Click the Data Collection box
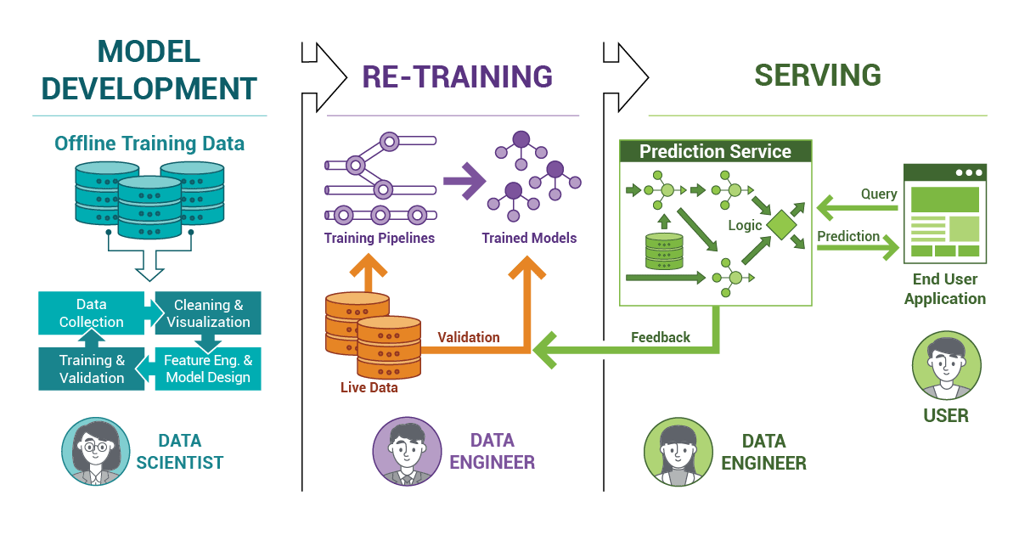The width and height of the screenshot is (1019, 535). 92,313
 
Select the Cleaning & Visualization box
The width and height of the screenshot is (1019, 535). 208,313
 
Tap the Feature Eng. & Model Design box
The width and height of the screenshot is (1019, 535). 208,369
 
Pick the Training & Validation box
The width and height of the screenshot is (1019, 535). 92,369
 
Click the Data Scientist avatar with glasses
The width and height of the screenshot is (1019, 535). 96,452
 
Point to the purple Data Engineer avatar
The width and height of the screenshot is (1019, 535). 407,452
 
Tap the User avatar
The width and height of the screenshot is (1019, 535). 947,365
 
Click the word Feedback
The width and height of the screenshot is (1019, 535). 661,337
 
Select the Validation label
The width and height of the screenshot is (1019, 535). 469,337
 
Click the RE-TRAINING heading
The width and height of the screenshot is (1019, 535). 457,76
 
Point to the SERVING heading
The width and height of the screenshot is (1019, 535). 818,75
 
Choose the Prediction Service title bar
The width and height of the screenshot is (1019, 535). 716,151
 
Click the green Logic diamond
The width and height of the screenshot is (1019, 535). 781,225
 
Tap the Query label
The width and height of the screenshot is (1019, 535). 879,194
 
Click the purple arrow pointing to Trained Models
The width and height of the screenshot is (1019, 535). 464,181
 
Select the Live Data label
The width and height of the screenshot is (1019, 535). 369,387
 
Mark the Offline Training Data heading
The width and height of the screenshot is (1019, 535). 149,144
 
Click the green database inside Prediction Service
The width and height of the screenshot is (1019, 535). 664,251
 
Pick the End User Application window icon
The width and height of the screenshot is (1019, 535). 945,214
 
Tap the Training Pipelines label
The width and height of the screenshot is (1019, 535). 380,238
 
